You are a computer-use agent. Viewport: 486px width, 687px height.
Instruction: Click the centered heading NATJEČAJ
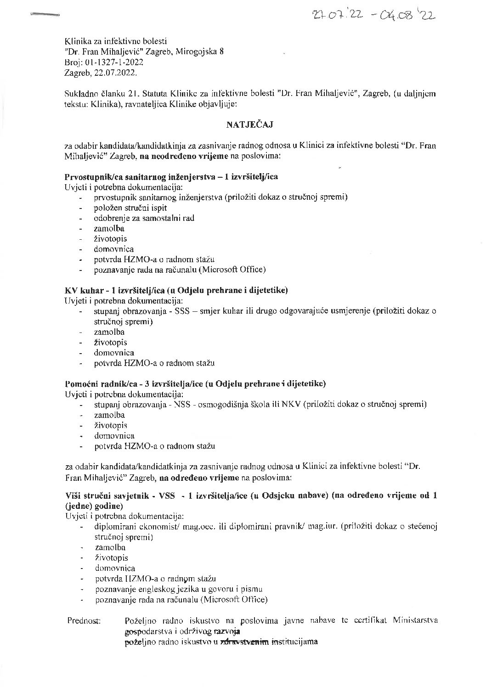point(252,124)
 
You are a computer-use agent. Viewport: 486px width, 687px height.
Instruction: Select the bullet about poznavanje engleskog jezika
point(179,589)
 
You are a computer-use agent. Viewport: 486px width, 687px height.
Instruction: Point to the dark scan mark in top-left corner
point(45,16)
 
